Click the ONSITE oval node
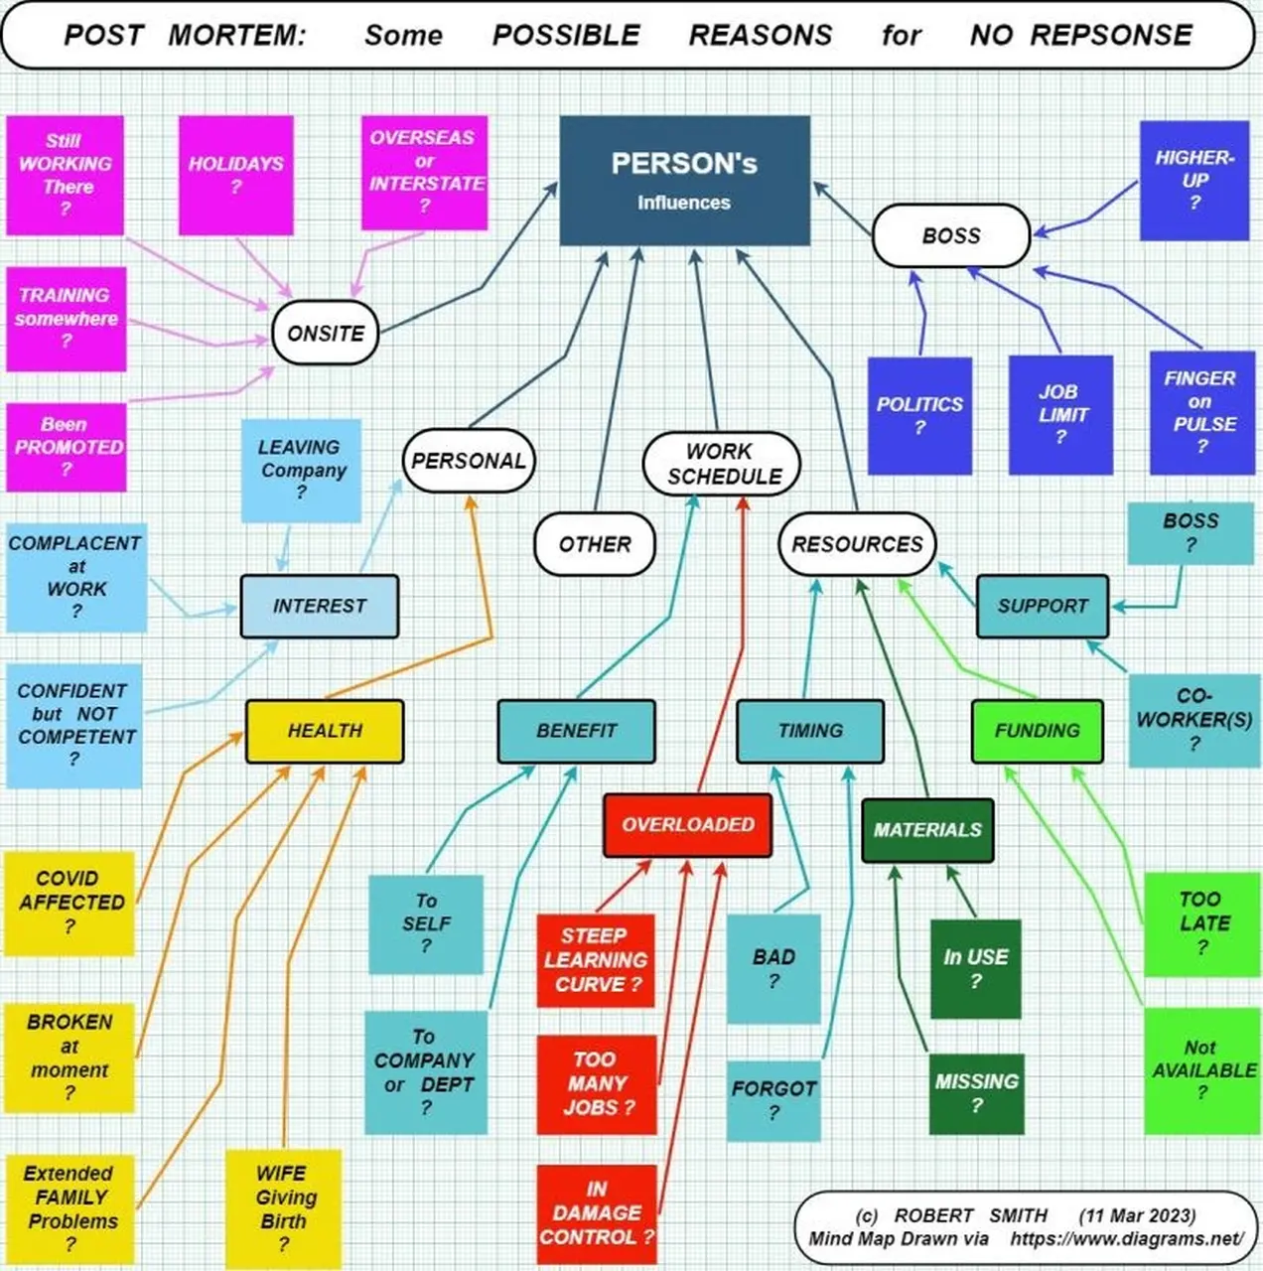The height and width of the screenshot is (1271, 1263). [326, 333]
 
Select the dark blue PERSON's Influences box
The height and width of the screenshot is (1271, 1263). [685, 181]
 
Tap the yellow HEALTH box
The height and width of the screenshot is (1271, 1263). [325, 731]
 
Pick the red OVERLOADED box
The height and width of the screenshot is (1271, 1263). [687, 824]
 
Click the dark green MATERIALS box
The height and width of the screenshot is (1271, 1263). [927, 830]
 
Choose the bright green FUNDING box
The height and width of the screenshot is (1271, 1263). [1038, 731]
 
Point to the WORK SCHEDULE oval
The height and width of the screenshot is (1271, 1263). [722, 464]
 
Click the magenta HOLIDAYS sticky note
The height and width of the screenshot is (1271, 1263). [235, 175]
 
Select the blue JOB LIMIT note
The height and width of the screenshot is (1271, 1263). [1060, 415]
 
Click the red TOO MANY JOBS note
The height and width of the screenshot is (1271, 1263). [597, 1085]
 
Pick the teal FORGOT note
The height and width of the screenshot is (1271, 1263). [773, 1100]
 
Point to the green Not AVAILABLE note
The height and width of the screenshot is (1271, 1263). [1202, 1070]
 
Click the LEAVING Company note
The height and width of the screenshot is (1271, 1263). [301, 471]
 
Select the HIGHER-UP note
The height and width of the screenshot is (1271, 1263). [1194, 180]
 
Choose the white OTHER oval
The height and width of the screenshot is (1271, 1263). [595, 544]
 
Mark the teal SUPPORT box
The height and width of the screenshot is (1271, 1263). [1043, 606]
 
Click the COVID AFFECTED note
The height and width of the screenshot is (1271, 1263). [70, 903]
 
